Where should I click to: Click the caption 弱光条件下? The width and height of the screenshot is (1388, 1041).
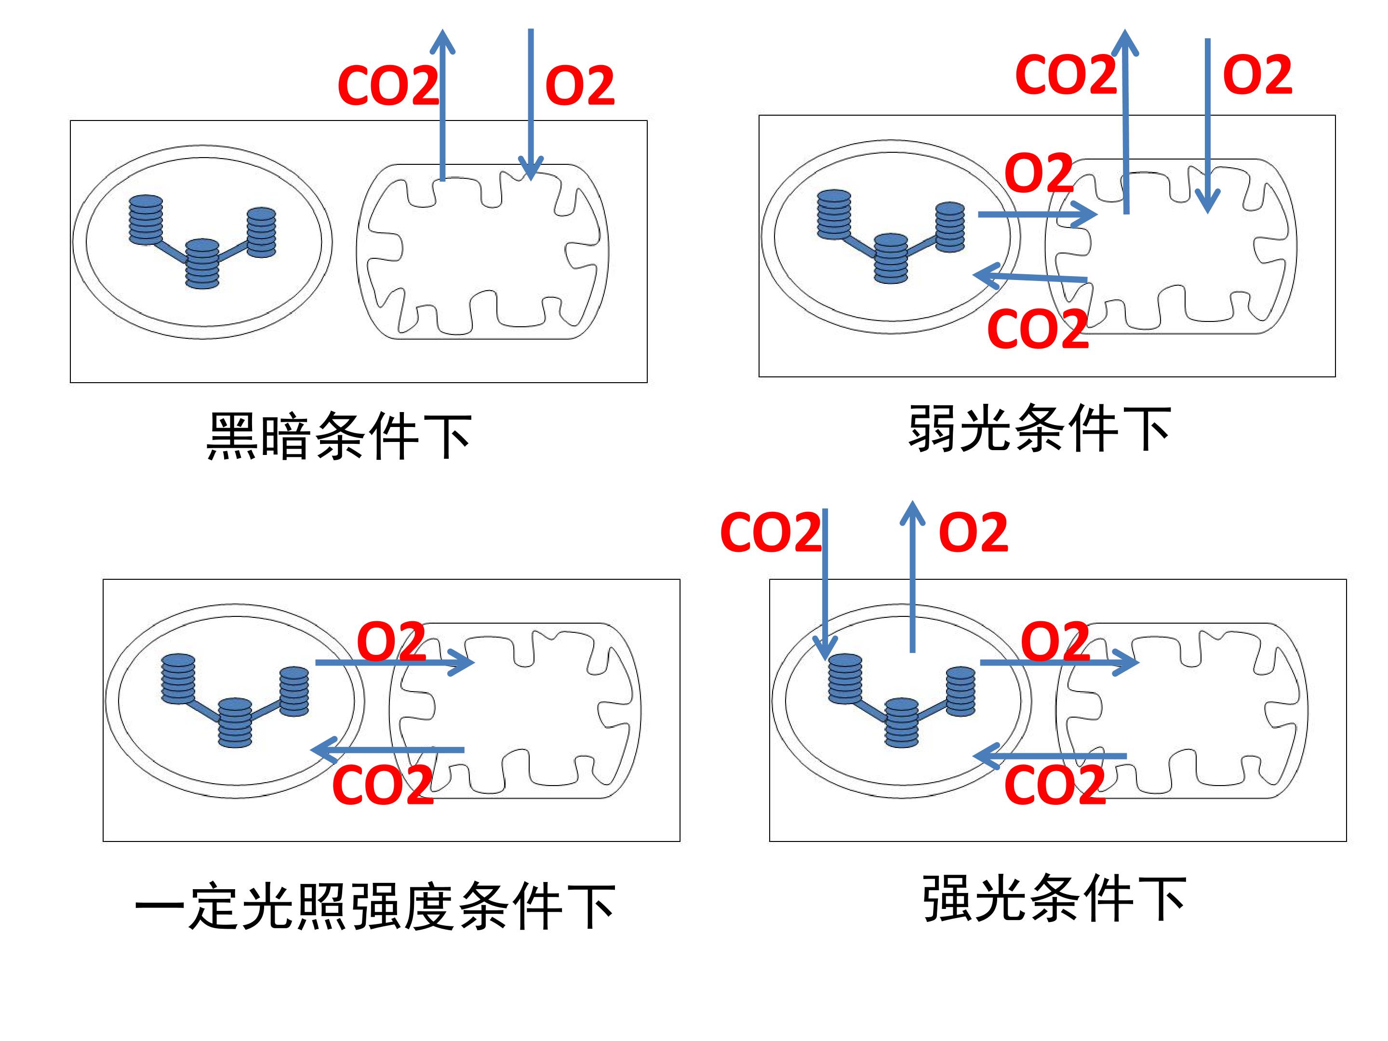coord(1039,428)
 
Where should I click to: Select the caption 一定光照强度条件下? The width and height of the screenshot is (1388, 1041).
coord(374,906)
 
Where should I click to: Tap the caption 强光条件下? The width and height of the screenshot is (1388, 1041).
coord(1054,898)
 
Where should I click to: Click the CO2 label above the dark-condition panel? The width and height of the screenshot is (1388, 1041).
coord(388,85)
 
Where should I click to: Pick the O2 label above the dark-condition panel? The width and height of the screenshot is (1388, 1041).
coord(580,85)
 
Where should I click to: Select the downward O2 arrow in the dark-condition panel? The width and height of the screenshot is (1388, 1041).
coord(531,104)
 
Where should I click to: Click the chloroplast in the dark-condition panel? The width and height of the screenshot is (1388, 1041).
coord(203,242)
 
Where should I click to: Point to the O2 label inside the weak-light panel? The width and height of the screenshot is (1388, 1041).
coord(1039,172)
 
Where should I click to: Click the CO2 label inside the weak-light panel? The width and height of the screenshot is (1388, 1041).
coord(1038,329)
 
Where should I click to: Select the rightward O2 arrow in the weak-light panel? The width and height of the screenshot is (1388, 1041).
coord(1037,214)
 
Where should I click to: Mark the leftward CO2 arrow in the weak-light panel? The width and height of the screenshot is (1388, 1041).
coord(1030,277)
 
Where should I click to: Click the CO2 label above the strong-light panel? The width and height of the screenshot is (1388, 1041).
coord(771,532)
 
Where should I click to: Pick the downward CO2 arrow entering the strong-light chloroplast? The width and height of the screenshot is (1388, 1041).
coord(825,585)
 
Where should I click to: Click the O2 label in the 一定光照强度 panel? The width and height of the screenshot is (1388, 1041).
coord(391,641)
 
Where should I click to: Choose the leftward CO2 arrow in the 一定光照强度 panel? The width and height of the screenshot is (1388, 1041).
coord(387,750)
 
